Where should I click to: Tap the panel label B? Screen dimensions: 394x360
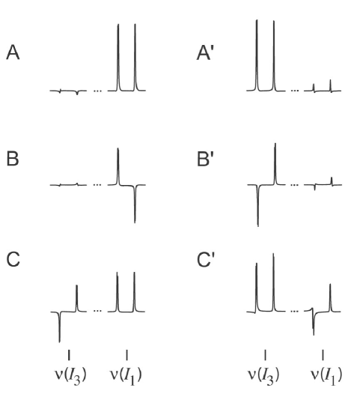[12, 160]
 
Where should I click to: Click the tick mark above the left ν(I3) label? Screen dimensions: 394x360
[69, 354]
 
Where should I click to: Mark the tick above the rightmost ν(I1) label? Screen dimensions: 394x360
[323, 354]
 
